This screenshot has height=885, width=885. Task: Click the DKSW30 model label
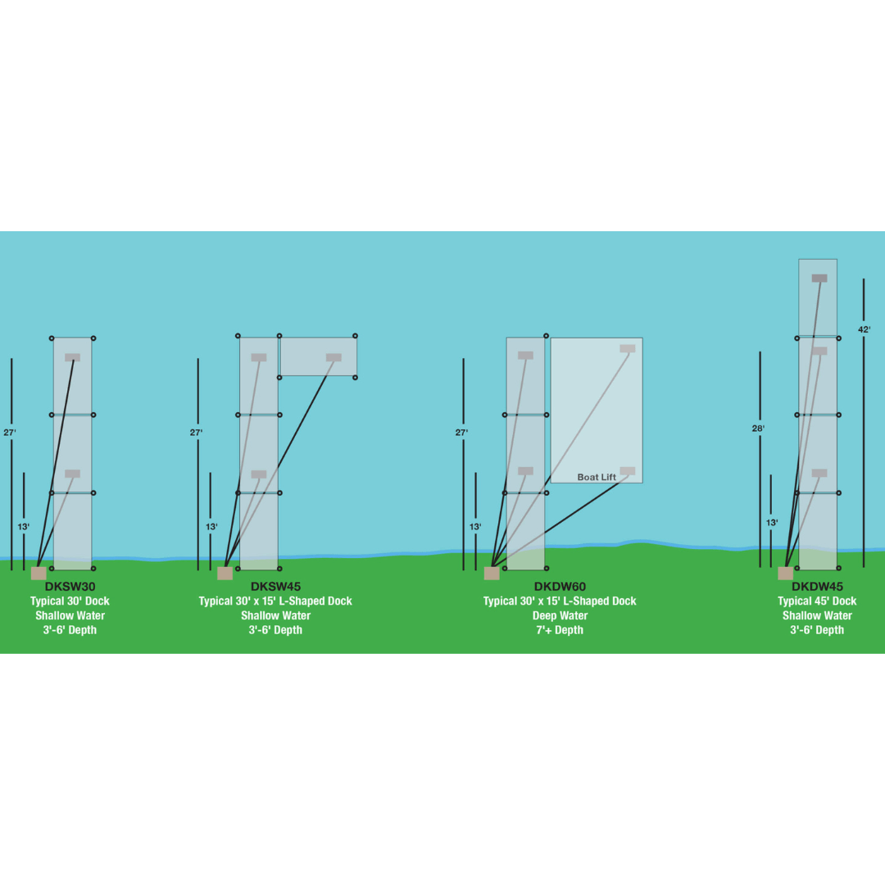pyautogui.click(x=70, y=587)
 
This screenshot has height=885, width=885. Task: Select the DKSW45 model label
pyautogui.click(x=275, y=587)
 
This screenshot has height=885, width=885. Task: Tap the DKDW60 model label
pyautogui.click(x=560, y=587)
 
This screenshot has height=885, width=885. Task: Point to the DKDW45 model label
pyautogui.click(x=817, y=587)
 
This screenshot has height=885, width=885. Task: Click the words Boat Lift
pyautogui.click(x=597, y=477)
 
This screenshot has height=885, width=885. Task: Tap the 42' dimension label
pyautogui.click(x=864, y=329)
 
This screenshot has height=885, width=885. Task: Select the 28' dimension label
pyautogui.click(x=759, y=429)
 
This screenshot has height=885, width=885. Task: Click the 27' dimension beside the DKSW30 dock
pyautogui.click(x=10, y=432)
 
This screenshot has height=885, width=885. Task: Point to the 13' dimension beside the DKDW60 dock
pyautogui.click(x=475, y=527)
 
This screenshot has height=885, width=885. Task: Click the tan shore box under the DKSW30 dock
pyautogui.click(x=39, y=573)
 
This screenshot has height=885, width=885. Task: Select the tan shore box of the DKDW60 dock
pyautogui.click(x=492, y=573)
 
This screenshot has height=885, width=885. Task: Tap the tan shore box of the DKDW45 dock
pyautogui.click(x=785, y=573)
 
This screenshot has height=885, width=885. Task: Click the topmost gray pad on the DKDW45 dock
pyautogui.click(x=819, y=279)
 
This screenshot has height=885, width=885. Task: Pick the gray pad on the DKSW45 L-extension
pyautogui.click(x=334, y=357)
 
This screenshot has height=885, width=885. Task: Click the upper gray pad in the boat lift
pyautogui.click(x=628, y=348)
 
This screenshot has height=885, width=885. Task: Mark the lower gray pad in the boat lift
pyautogui.click(x=628, y=471)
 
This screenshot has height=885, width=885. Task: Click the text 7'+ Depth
pyautogui.click(x=560, y=630)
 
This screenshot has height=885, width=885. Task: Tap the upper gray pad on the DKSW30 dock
pyautogui.click(x=72, y=357)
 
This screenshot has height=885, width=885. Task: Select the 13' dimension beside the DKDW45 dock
pyautogui.click(x=772, y=523)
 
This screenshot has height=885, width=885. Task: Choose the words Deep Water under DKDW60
pyautogui.click(x=560, y=615)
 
